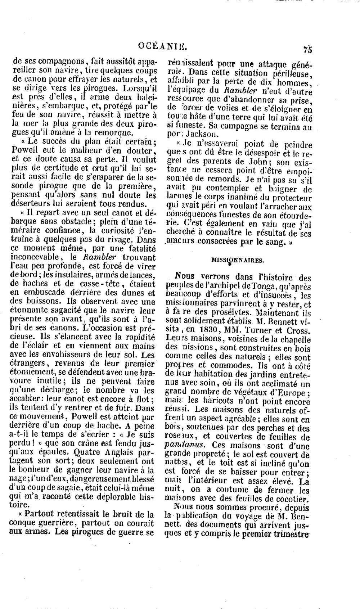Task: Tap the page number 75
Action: [x=307, y=50]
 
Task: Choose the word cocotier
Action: [x=293, y=499]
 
